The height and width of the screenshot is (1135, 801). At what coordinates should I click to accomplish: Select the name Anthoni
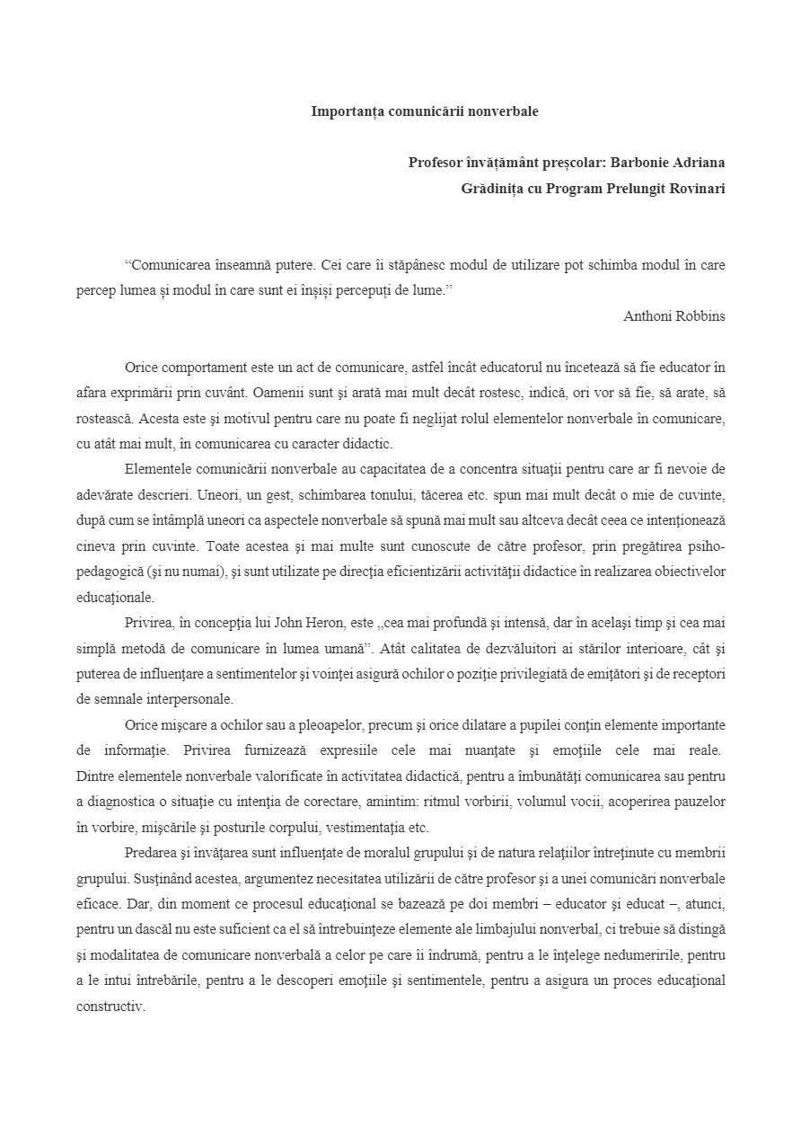(647, 316)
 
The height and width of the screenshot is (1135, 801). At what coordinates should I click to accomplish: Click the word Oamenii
(279, 393)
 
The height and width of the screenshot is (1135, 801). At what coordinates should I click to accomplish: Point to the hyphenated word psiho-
(707, 545)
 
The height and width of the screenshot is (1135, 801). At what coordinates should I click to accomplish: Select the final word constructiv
(110, 1006)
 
